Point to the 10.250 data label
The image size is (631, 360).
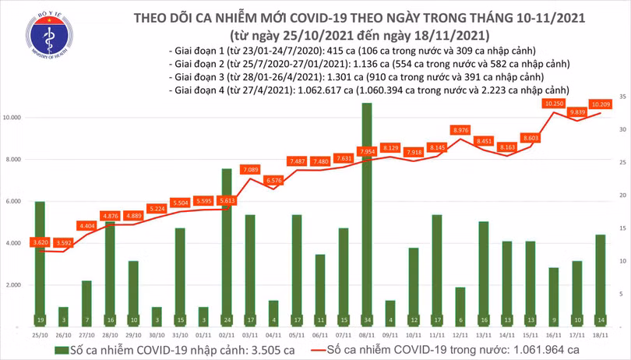point(554,104)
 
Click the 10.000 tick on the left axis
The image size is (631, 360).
point(13,118)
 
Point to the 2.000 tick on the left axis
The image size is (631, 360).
point(15,286)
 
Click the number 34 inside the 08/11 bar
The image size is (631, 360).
point(366,320)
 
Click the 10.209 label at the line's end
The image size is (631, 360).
point(600,104)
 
